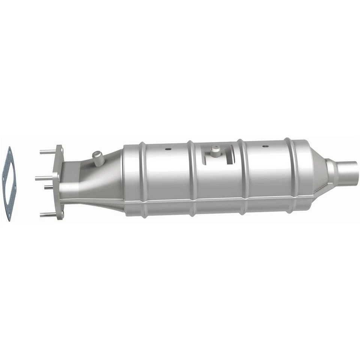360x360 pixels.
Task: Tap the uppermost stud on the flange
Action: pos(48,152)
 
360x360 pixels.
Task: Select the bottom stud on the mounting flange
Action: pos(48,215)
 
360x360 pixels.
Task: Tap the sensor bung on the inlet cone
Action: pos(98,157)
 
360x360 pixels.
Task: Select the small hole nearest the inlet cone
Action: pos(168,149)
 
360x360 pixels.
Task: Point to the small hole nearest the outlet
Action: pos(265,146)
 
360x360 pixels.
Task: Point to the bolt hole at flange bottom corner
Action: pos(60,214)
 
